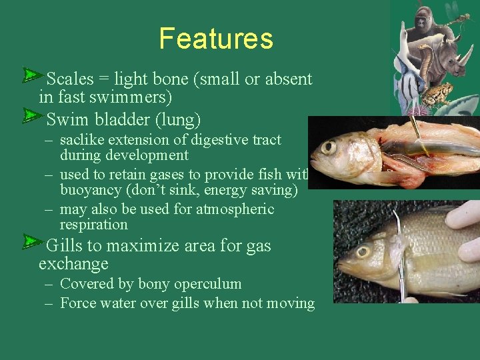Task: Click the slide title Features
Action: click(x=216, y=39)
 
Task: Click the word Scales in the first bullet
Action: click(x=70, y=79)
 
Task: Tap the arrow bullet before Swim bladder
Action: click(x=31, y=116)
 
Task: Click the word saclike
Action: click(x=83, y=140)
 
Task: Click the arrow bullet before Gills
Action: click(x=31, y=241)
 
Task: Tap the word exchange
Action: click(x=73, y=264)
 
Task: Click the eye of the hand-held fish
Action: click(x=363, y=252)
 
